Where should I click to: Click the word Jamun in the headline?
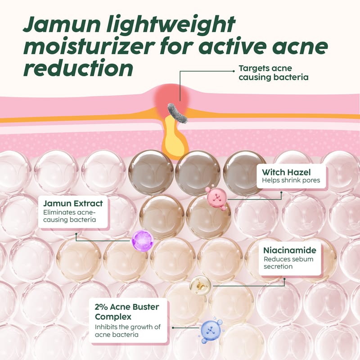point(62,24)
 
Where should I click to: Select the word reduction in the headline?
point(78,68)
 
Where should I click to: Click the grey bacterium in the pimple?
point(177,113)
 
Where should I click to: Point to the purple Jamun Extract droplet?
point(143,241)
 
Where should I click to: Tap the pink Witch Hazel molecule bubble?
point(217,198)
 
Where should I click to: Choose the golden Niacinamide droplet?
point(200,286)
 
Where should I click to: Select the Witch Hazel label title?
point(286,172)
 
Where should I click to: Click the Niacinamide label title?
point(290,250)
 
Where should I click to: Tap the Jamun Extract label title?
point(73,203)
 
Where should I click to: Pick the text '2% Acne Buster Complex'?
point(127,312)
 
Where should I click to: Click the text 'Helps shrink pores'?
point(291,180)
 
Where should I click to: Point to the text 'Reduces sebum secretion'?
point(288,263)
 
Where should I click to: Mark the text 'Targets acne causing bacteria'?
point(274,73)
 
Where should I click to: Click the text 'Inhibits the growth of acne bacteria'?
point(128,331)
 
